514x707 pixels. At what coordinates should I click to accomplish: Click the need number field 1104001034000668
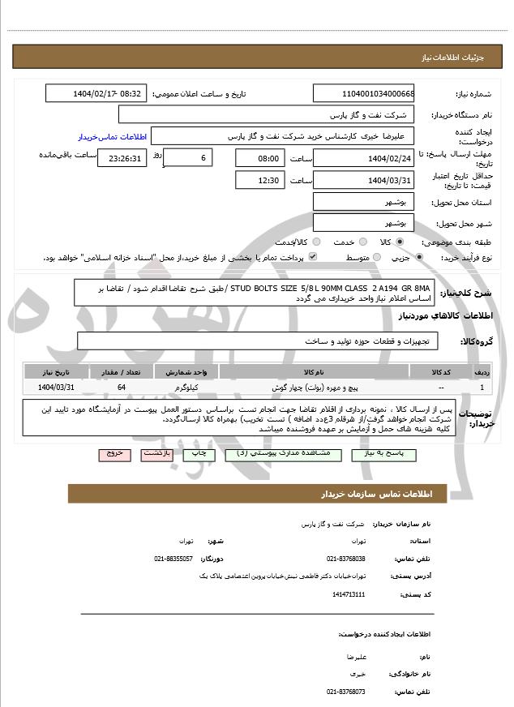363,94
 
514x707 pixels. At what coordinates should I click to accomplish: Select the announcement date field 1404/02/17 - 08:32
96,94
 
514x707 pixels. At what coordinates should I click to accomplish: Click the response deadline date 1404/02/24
363,158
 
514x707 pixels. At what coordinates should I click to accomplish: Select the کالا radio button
399,242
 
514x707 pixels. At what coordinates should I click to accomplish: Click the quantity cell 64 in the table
122,388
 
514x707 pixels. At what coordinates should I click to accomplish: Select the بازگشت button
156,454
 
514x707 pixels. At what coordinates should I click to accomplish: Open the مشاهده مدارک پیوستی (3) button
276,454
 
